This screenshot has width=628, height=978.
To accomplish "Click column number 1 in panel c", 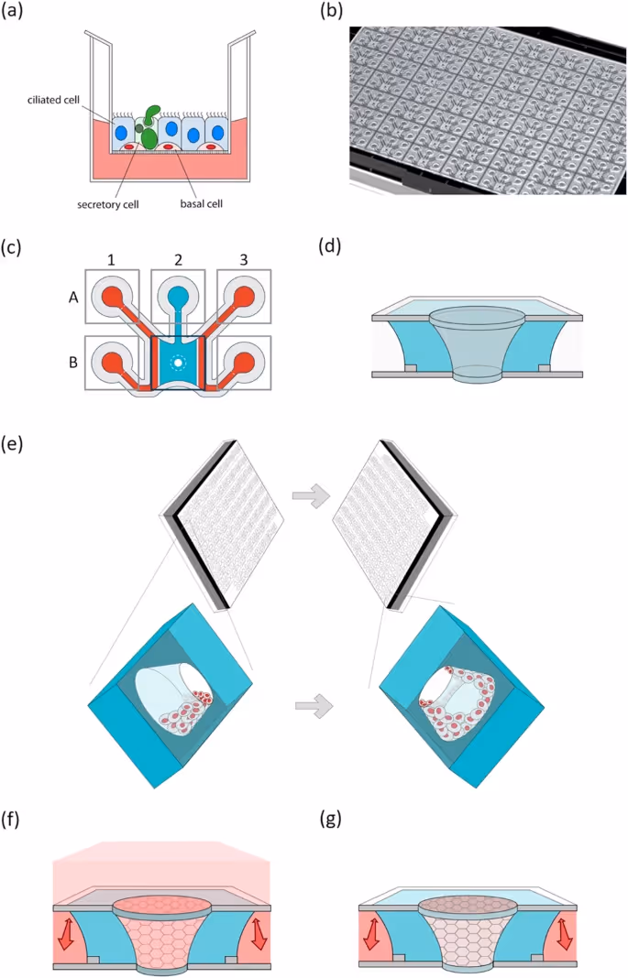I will click(x=112, y=260).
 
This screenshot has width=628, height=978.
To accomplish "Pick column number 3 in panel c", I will click(x=244, y=260).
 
